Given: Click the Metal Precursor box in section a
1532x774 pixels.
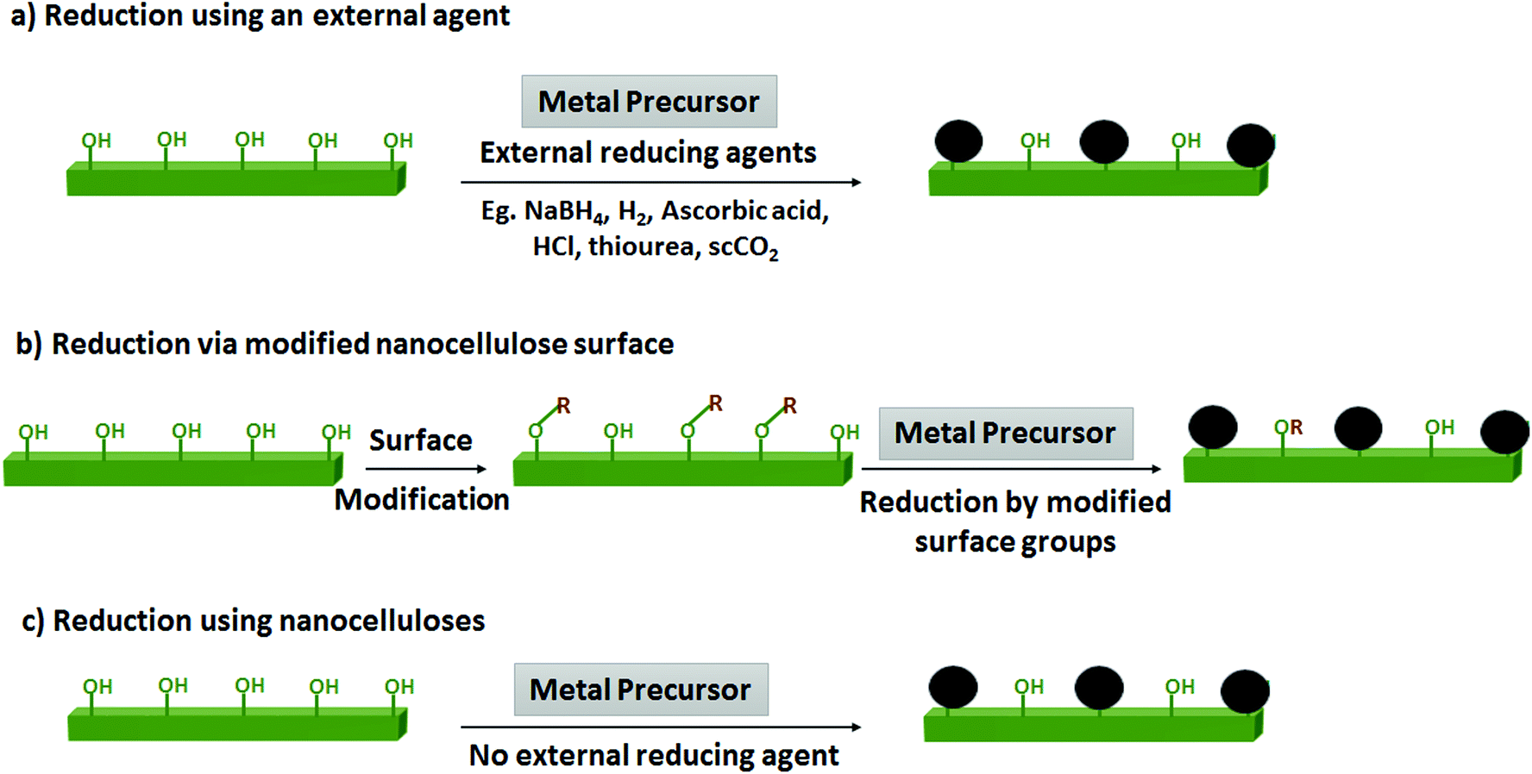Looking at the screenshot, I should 649,102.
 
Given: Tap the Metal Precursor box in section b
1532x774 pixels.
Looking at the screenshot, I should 1005,433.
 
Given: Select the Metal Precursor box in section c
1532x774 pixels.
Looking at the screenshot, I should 640,690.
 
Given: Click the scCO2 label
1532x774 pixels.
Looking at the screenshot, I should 743,248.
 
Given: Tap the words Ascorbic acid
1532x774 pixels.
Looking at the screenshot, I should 744,211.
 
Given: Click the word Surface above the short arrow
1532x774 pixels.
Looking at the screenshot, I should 421,440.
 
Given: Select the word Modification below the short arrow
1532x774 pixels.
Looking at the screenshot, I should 422,500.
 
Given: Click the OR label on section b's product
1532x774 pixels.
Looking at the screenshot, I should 1288,428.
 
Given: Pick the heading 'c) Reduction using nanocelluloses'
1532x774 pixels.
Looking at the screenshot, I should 254,621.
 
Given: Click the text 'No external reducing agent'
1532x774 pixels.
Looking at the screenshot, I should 653,755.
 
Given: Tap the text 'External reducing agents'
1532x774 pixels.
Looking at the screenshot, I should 648,153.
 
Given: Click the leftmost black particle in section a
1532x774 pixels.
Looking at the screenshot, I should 958,141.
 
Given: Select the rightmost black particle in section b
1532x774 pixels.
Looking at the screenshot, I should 1504,431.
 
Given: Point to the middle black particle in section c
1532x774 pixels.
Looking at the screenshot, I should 1099,688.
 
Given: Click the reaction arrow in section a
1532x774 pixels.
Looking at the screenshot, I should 661,183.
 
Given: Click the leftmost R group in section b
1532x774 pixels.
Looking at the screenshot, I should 563,406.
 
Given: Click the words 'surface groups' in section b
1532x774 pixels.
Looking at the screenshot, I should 1015,542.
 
